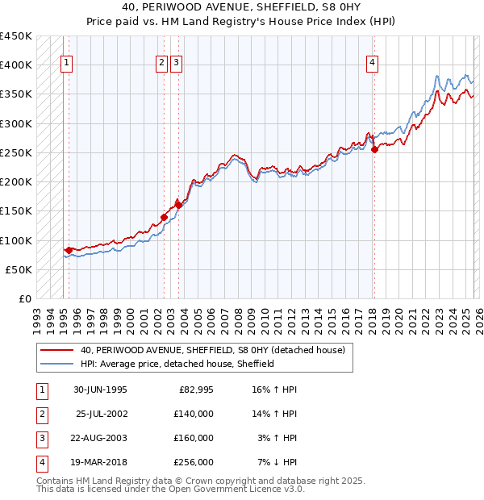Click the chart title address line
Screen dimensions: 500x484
point(241,8)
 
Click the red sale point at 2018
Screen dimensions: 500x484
point(374,149)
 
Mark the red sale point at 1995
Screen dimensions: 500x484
point(69,250)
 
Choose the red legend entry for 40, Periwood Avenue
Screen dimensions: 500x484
point(213,350)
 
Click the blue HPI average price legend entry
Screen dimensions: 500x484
point(177,364)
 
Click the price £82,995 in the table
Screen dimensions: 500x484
point(194,390)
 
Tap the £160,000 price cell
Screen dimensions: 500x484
point(194,438)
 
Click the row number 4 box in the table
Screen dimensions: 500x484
point(41,462)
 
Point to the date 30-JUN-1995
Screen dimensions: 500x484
point(100,390)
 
